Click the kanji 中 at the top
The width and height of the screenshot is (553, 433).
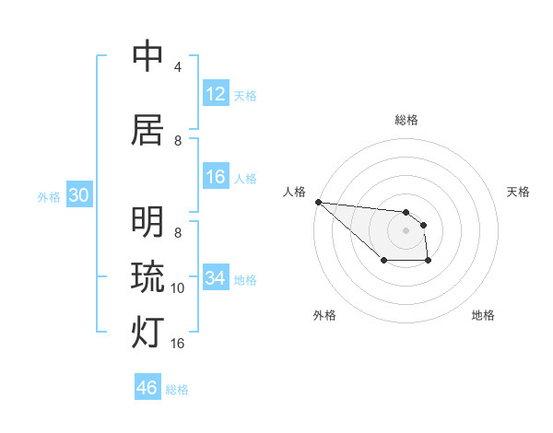click(x=147, y=57)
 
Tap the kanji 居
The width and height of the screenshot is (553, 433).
click(x=147, y=130)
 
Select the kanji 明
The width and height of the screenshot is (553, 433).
click(x=147, y=222)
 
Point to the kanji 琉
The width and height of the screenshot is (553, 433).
click(x=147, y=276)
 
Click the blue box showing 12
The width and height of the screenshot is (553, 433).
click(x=216, y=94)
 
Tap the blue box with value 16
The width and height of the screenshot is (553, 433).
click(x=216, y=177)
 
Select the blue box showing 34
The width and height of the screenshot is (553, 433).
click(x=216, y=278)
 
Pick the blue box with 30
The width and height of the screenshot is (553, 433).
click(x=78, y=195)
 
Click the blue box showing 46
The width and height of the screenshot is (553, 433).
click(x=147, y=388)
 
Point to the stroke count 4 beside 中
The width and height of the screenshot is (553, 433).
click(x=178, y=67)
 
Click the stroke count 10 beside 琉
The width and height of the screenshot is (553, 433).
click(x=178, y=288)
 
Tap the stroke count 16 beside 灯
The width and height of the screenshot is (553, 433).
click(x=178, y=344)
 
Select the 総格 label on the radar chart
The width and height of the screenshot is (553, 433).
click(x=406, y=120)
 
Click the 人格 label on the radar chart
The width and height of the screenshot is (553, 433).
click(x=295, y=192)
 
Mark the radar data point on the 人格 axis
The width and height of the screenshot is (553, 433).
click(x=318, y=202)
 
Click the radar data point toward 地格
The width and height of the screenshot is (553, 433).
click(x=429, y=262)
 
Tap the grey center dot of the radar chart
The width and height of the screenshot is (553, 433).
click(x=406, y=230)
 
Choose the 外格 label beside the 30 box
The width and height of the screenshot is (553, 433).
click(x=48, y=196)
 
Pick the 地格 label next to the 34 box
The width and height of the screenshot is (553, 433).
click(x=245, y=279)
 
